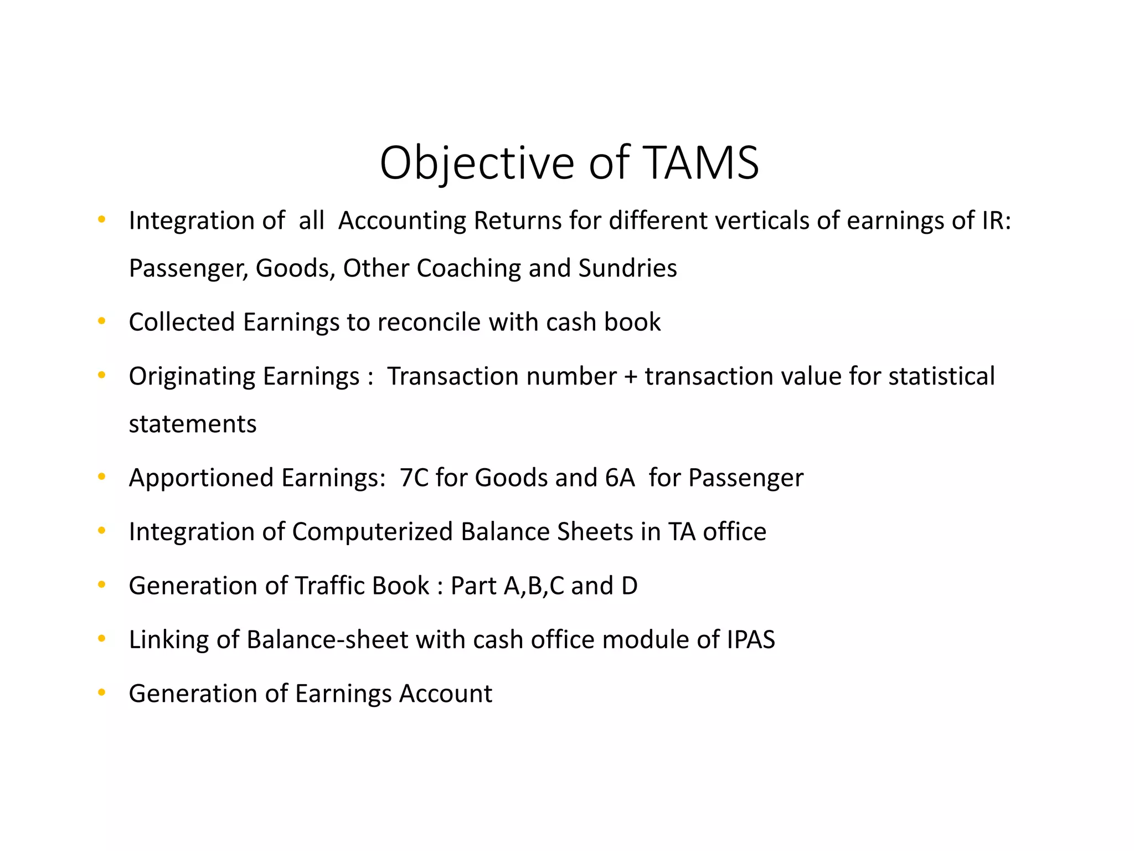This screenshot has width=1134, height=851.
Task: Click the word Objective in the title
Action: (477, 163)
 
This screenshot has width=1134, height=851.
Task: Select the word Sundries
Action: (627, 268)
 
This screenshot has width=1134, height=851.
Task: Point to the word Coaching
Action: (468, 268)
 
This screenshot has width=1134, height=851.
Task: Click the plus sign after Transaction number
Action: (630, 377)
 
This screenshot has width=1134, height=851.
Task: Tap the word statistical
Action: (941, 376)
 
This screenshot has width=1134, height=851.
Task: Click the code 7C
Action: (414, 478)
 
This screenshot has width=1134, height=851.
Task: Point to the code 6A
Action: (620, 478)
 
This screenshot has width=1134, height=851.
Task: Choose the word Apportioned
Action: (201, 478)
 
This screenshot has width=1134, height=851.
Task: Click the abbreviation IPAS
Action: (750, 639)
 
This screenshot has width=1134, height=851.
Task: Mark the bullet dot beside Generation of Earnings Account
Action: (101, 693)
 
